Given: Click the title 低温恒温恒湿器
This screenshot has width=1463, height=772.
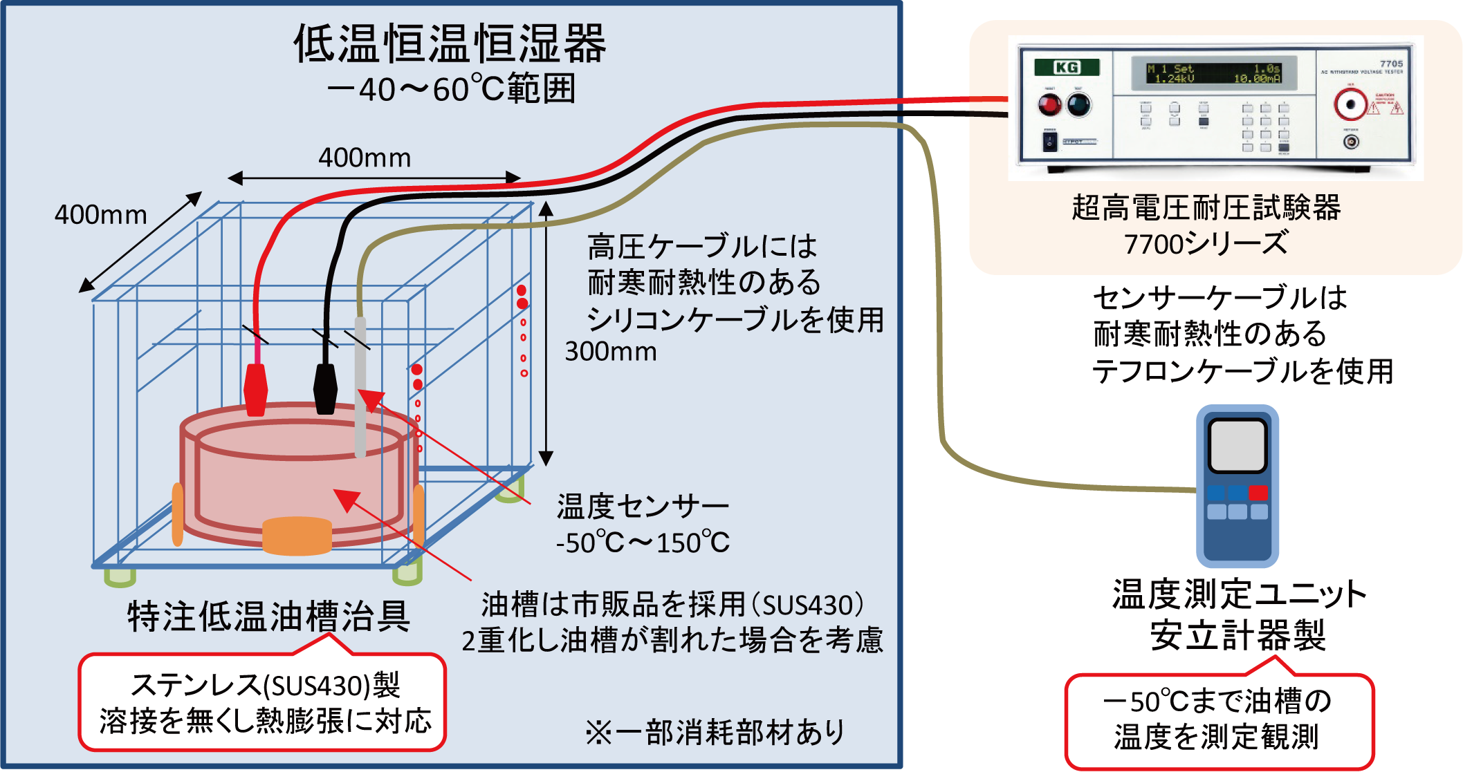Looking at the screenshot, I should click(x=450, y=44).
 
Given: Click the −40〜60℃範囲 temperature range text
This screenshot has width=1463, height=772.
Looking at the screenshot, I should click(x=451, y=89).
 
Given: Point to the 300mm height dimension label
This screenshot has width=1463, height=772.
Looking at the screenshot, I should click(x=611, y=352).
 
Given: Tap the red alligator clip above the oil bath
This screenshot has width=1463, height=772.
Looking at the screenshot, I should click(x=256, y=388).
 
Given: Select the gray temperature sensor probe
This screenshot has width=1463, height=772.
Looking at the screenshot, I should click(x=360, y=387).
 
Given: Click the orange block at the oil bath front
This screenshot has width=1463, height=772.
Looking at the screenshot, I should click(x=297, y=536).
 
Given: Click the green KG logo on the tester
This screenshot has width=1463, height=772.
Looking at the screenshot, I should click(x=1067, y=67).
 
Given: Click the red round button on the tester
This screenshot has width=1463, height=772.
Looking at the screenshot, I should click(x=1049, y=105).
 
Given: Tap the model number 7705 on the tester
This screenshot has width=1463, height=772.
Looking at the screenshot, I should click(x=1391, y=64).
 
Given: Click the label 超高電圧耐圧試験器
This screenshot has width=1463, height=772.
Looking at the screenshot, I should click(x=1206, y=208).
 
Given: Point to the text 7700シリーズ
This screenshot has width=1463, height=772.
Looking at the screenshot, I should click(x=1206, y=244).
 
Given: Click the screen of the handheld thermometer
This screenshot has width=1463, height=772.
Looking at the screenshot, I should click(x=1237, y=445).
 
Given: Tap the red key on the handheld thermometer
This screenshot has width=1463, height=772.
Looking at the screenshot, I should click(x=1259, y=492).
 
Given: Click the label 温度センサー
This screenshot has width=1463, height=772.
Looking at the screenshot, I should click(x=643, y=507).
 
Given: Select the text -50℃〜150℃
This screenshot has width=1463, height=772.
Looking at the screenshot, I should click(x=643, y=543).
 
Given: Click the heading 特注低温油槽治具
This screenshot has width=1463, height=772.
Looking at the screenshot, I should click(x=268, y=616).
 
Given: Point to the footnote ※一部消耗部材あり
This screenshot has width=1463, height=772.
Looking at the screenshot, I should click(x=715, y=733).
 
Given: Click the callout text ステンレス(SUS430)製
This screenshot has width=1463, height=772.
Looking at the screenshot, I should click(x=266, y=685).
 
